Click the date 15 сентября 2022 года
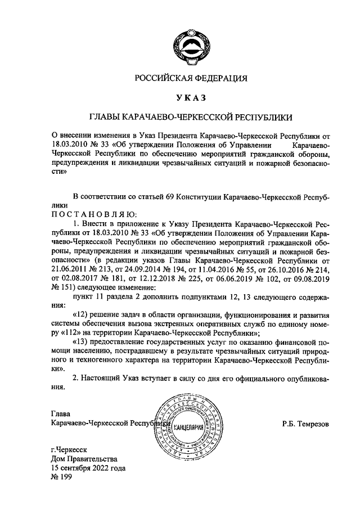[x=88, y=468]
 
